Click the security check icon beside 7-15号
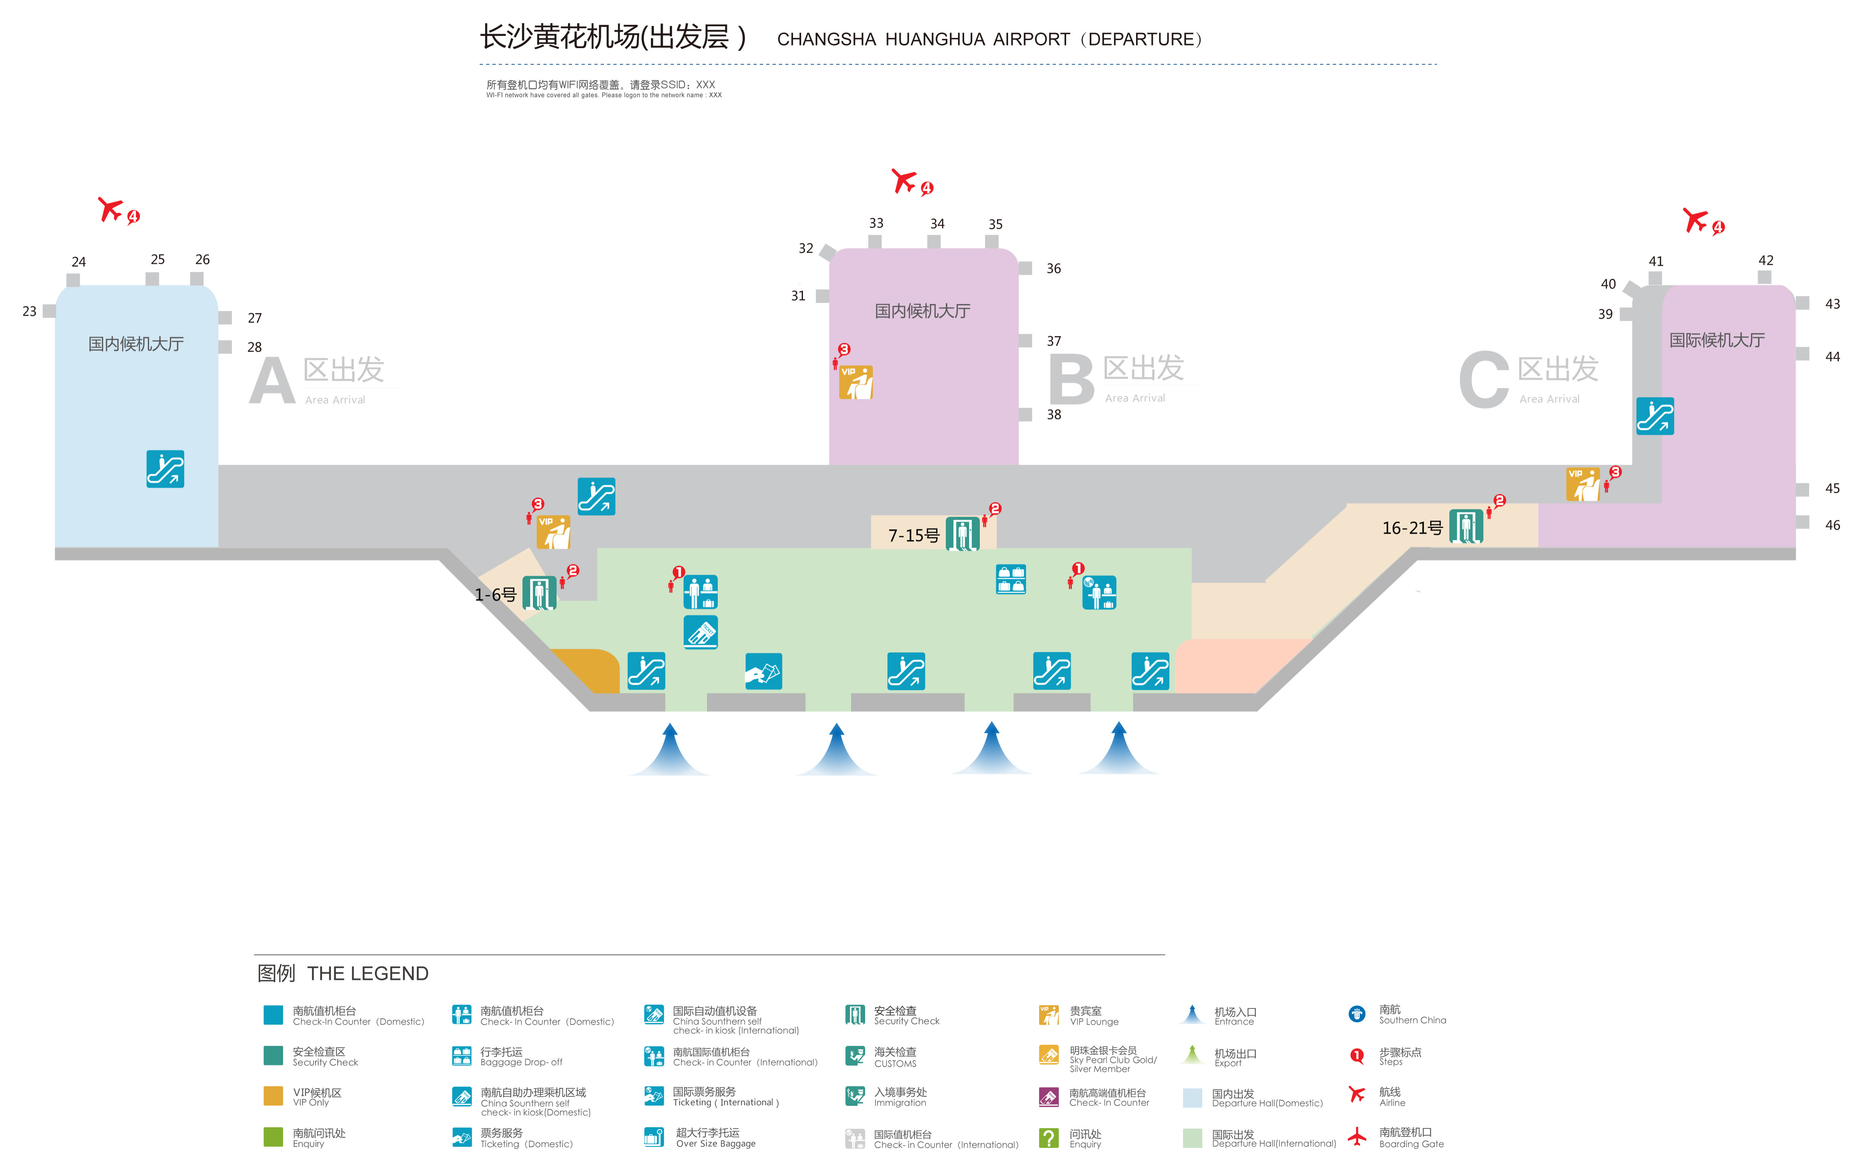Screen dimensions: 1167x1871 point(963,533)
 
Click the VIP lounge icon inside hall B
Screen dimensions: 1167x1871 point(856,382)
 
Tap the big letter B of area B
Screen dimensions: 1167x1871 point(1071,380)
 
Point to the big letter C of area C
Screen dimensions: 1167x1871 point(1484,380)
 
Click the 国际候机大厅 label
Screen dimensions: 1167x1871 point(1717,340)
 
